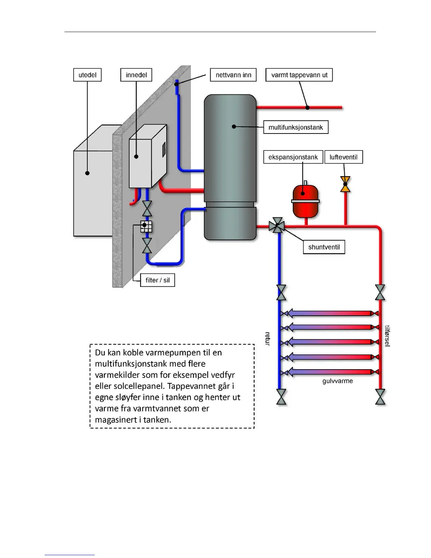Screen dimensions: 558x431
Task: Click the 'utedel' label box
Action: click(87, 75)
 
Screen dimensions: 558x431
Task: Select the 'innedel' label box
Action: click(136, 75)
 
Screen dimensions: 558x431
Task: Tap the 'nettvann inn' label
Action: click(233, 75)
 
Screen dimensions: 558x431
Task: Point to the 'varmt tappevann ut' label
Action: click(299, 75)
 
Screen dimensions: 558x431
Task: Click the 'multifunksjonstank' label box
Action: click(296, 127)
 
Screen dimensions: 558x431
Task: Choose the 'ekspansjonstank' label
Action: click(293, 157)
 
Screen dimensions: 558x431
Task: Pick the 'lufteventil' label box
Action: click(343, 157)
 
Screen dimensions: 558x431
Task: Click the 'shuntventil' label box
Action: click(324, 247)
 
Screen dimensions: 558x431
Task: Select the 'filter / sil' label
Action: click(157, 280)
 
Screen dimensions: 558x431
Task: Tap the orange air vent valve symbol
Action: click(345, 184)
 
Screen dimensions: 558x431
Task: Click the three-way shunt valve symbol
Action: click(277, 225)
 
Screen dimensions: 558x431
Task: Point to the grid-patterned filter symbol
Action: click(146, 227)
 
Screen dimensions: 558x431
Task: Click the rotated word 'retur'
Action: click(267, 339)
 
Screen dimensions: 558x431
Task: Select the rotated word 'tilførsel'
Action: click(387, 336)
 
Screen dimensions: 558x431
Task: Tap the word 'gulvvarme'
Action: click(337, 381)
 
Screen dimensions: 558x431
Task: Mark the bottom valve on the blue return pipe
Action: click(281, 397)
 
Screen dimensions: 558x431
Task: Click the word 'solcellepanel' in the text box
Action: click(138, 386)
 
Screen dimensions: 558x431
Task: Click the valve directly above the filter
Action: click(147, 209)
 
